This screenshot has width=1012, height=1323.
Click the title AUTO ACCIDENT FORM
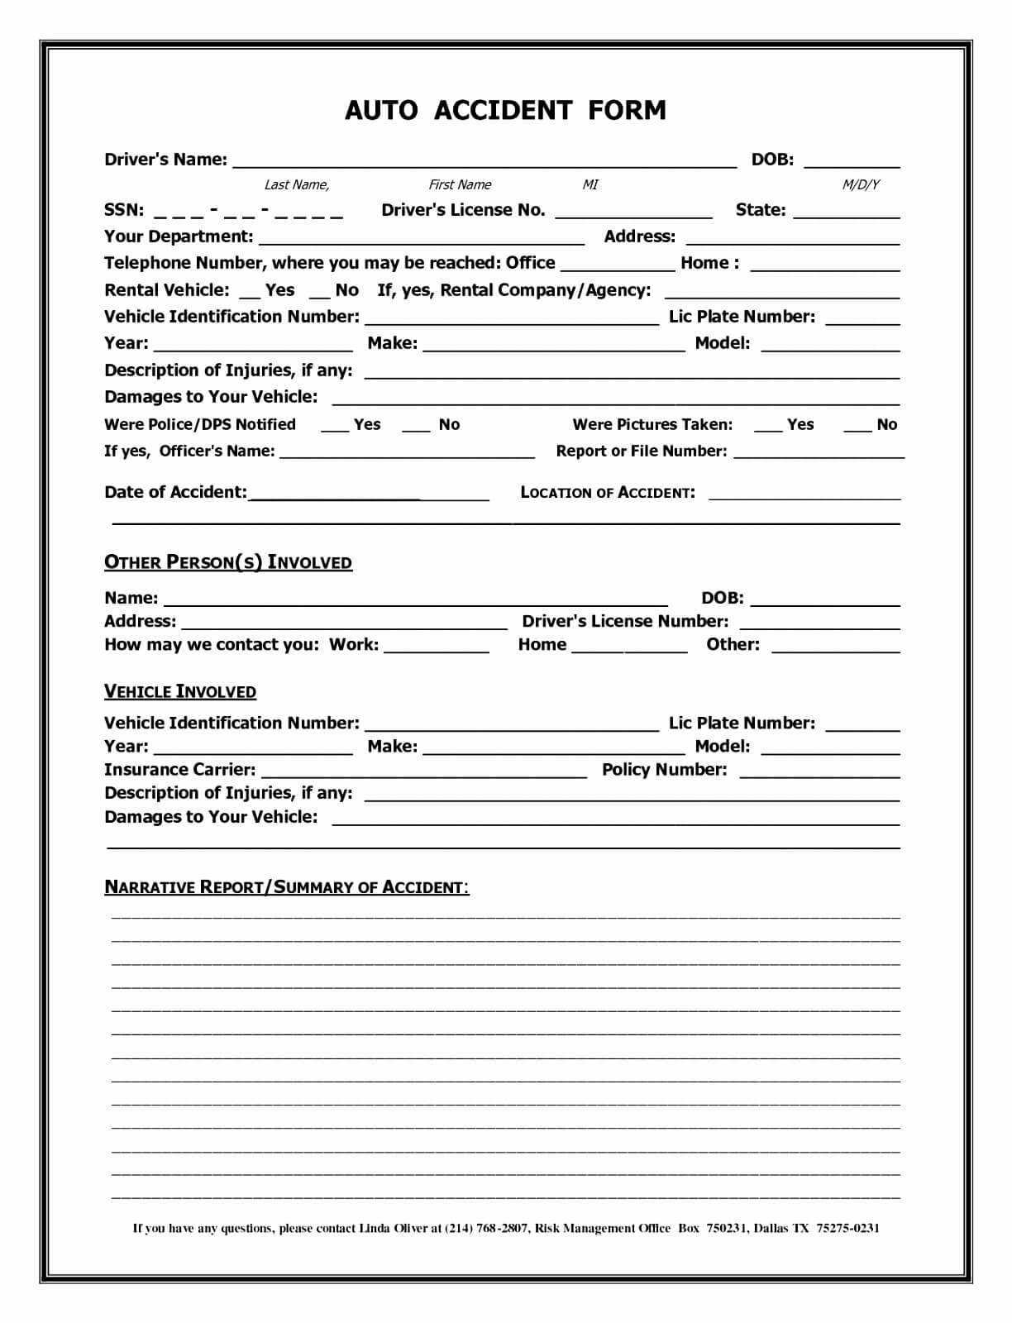click(505, 110)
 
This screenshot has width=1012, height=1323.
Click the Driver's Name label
click(165, 160)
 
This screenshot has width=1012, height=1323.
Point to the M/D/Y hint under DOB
click(861, 184)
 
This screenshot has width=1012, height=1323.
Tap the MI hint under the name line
click(590, 184)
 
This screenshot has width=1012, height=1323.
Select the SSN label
click(124, 210)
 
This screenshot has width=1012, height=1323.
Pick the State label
click(761, 210)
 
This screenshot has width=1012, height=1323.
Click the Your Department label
click(179, 236)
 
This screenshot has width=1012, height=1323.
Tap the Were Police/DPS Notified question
click(200, 424)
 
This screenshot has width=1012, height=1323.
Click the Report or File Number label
click(642, 451)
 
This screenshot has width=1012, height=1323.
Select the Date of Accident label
click(175, 492)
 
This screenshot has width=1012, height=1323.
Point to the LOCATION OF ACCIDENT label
click(608, 493)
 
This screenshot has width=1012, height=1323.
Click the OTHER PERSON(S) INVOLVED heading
click(228, 562)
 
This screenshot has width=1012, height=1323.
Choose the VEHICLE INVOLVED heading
click(180, 691)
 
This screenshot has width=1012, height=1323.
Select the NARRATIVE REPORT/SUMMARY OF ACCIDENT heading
click(287, 887)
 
